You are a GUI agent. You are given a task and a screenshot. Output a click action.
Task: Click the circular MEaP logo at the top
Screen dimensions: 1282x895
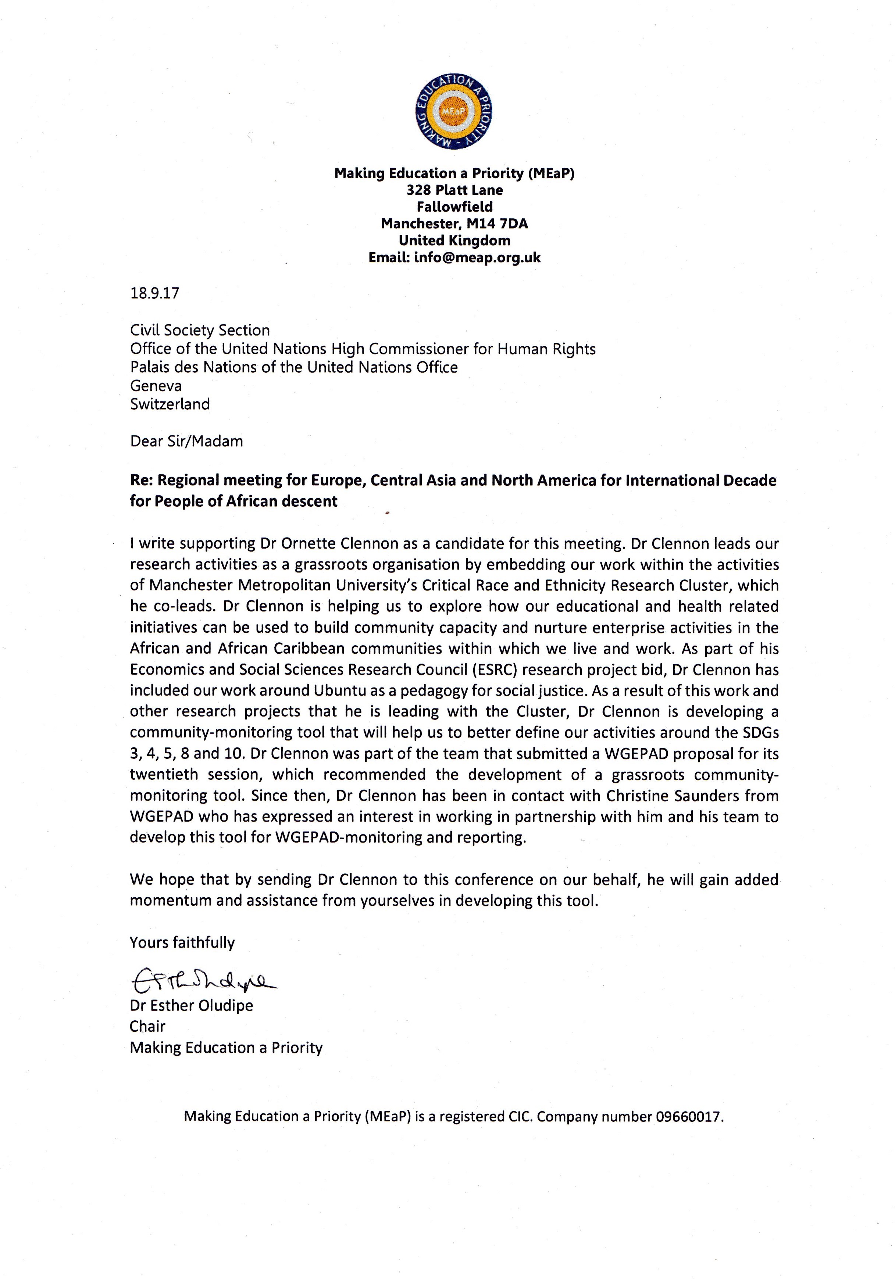pos(454,113)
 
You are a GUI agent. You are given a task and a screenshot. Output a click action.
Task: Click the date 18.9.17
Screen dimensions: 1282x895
pos(155,293)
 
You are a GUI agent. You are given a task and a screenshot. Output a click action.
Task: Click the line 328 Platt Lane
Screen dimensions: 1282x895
pos(454,190)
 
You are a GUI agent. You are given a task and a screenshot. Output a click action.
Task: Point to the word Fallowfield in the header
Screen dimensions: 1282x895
pos(454,207)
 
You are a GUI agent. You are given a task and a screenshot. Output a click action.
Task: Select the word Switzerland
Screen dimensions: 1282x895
pos(170,404)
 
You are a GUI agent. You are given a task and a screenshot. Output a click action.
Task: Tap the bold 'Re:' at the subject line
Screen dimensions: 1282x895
pos(142,481)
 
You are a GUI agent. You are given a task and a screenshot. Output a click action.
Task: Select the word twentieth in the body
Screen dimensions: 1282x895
pos(164,775)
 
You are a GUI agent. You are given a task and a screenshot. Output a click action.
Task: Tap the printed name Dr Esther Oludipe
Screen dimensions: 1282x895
pos(192,1006)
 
